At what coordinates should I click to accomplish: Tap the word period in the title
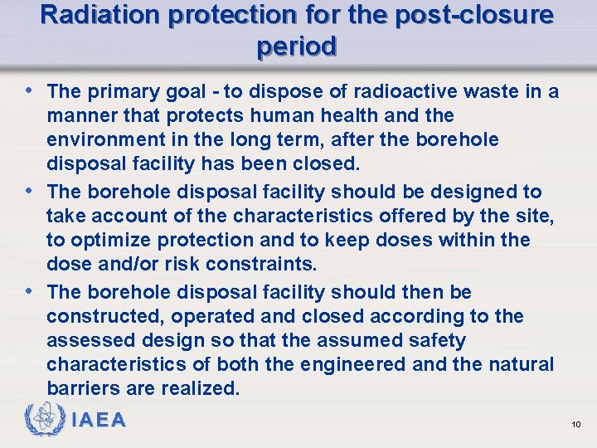297,46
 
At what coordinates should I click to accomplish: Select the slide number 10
576,425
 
